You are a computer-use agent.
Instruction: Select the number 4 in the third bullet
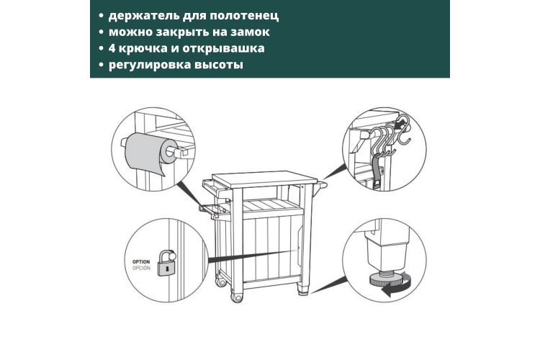tap(112, 48)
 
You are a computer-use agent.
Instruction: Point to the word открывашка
tap(223, 49)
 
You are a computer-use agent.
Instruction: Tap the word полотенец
tap(244, 16)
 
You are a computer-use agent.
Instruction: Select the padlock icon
tap(167, 264)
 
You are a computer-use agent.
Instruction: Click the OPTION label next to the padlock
tap(141, 262)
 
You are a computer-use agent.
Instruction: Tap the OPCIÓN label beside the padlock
tap(141, 268)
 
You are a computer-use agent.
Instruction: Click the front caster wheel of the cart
tap(237, 297)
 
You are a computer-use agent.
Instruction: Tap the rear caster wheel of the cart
tap(220, 282)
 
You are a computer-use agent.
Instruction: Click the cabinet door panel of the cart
tap(271, 246)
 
